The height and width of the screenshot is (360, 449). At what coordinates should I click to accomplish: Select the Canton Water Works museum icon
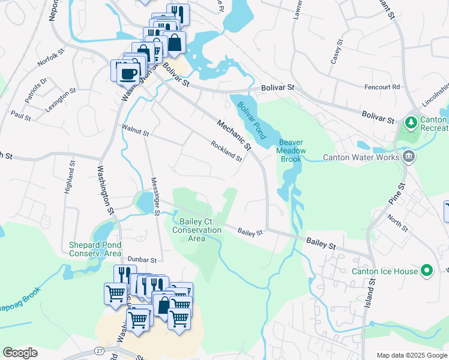pos(409,157)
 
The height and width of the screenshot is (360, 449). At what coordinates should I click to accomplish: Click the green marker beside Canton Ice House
pos(427,271)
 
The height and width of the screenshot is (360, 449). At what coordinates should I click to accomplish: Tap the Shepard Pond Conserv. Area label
pos(95,249)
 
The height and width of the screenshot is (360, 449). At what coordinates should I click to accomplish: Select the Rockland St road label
pos(226,151)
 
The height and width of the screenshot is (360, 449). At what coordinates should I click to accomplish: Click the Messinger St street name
pos(155,196)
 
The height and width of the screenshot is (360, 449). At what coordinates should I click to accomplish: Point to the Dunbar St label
pos(142,260)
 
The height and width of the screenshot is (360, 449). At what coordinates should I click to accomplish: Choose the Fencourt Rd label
pos(382,87)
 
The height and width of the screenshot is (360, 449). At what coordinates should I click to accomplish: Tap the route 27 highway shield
pos(99,350)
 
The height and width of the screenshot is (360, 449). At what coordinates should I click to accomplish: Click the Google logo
pos(19,353)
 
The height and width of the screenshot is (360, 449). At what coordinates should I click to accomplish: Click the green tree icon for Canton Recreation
pos(411,124)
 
